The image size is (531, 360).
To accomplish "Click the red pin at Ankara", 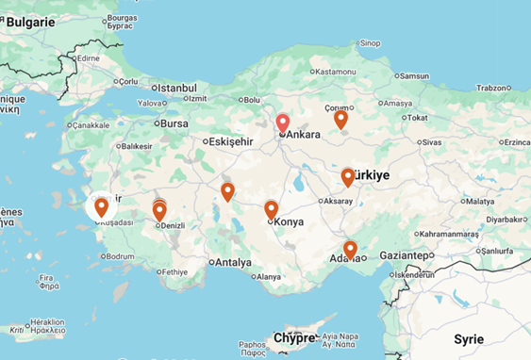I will pyautogui.click(x=282, y=123).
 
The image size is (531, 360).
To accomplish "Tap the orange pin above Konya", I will pyautogui.click(x=271, y=209).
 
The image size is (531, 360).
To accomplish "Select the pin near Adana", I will pyautogui.click(x=350, y=250).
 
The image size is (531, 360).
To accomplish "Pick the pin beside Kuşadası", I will pyautogui.click(x=101, y=207).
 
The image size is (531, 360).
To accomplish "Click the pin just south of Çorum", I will pyautogui.click(x=340, y=120).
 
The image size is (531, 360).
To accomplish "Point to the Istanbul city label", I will pyautogui.click(x=175, y=88).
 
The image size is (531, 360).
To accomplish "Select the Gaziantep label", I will pyautogui.click(x=406, y=255).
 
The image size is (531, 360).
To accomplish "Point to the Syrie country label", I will pyautogui.click(x=468, y=339).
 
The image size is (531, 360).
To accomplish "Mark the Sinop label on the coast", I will pyautogui.click(x=370, y=42).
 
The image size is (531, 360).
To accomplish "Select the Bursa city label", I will pyautogui.click(x=175, y=123).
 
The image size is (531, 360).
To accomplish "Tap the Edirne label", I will pyautogui.click(x=88, y=57).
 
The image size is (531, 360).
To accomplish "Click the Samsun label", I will pyautogui.click(x=414, y=75).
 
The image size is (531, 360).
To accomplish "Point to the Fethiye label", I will pyautogui.click(x=176, y=271).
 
